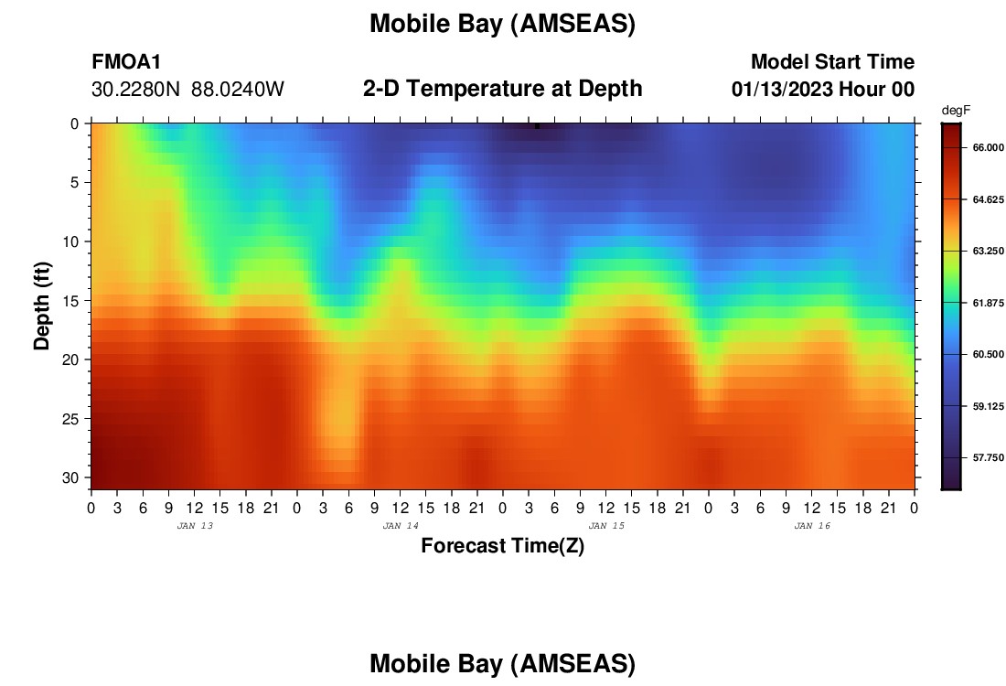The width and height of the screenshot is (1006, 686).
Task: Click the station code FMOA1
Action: click(x=126, y=61)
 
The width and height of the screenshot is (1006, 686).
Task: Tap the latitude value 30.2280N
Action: click(x=135, y=89)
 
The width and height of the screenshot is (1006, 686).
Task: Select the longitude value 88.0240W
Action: click(x=238, y=89)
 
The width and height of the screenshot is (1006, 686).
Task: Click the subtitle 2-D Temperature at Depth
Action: click(x=502, y=88)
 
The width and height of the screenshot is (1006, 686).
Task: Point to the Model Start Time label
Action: click(x=832, y=61)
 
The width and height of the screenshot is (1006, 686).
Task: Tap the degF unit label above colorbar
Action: click(x=956, y=111)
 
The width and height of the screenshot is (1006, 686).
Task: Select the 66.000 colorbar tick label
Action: click(x=988, y=147)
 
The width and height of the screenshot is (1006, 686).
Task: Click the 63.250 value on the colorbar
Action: click(x=988, y=251)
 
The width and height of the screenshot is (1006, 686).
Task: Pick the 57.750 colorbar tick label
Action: click(x=988, y=457)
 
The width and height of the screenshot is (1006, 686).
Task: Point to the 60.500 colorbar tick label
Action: click(x=988, y=354)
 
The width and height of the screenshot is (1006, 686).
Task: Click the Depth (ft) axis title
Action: click(x=42, y=305)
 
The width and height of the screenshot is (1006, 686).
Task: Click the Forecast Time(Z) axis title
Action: click(x=502, y=545)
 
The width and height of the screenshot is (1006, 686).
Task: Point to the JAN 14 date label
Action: click(x=401, y=526)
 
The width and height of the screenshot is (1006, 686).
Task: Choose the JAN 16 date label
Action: click(x=812, y=526)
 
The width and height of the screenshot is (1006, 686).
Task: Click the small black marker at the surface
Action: click(x=537, y=126)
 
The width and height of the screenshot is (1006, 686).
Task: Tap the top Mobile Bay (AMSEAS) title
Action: click(x=502, y=24)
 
